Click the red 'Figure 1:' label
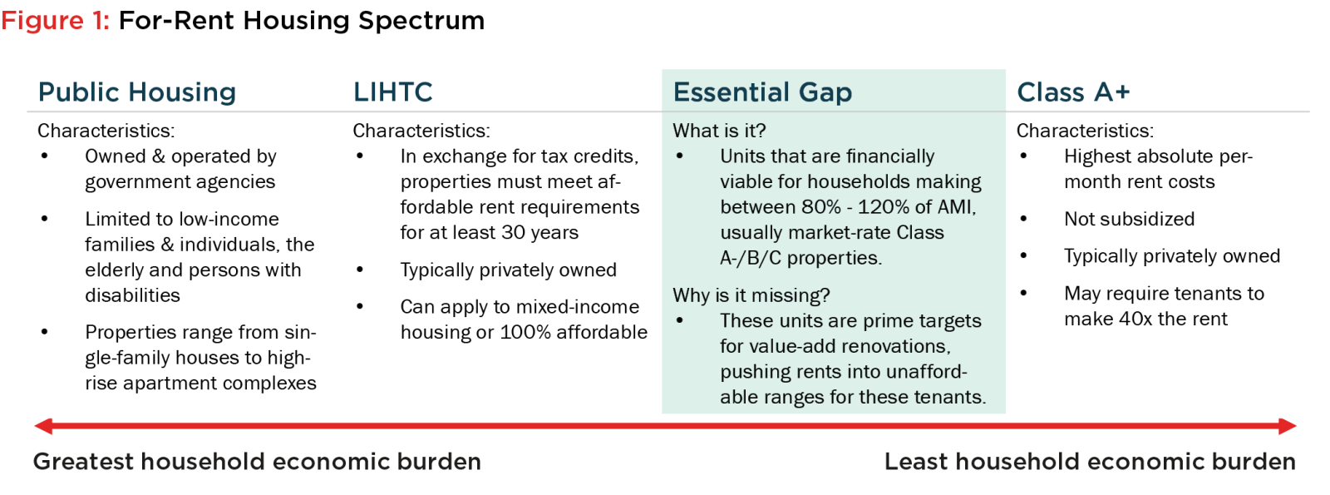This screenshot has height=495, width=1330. pyautogui.click(x=55, y=21)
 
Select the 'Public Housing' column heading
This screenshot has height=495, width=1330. pyautogui.click(x=137, y=92)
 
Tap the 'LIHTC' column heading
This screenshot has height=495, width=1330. pyautogui.click(x=392, y=92)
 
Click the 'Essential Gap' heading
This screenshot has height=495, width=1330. pyautogui.click(x=762, y=92)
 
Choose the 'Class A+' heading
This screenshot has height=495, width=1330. pyautogui.click(x=1073, y=92)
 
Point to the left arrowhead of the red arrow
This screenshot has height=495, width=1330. pyautogui.click(x=43, y=426)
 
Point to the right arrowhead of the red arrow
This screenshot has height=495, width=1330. pyautogui.click(x=1288, y=426)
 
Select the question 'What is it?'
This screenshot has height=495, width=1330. pyautogui.click(x=719, y=130)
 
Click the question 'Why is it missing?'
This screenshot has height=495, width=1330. pyautogui.click(x=751, y=295)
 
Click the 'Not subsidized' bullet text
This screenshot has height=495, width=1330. pyautogui.click(x=1130, y=220)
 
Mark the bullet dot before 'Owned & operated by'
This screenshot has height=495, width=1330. pyautogui.click(x=45, y=156)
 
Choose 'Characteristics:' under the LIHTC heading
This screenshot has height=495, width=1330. pyautogui.click(x=421, y=131)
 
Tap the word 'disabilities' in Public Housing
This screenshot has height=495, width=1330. pyautogui.click(x=132, y=295)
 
